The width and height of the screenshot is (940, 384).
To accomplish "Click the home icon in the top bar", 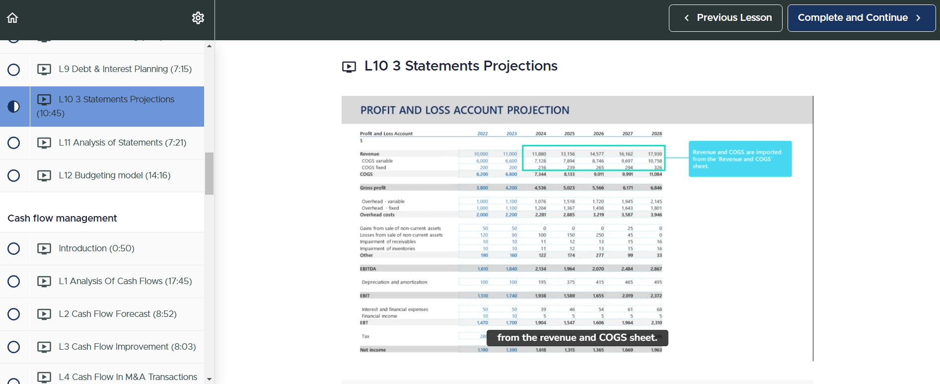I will (12, 18).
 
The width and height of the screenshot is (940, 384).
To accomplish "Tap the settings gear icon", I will (198, 18).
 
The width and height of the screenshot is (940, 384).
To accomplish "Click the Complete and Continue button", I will (861, 18).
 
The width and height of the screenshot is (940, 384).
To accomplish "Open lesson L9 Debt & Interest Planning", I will (125, 69).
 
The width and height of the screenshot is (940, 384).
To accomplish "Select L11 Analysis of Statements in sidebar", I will (122, 143).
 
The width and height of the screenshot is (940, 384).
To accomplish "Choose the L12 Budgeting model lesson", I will (114, 175).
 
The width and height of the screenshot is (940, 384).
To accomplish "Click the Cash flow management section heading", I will (62, 218).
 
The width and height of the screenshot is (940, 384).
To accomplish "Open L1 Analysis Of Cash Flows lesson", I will (125, 281).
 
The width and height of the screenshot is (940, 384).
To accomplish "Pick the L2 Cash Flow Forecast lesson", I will (117, 314).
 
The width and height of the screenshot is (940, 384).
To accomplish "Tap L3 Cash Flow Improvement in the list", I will (127, 347).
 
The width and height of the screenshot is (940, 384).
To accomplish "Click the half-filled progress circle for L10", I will (14, 106).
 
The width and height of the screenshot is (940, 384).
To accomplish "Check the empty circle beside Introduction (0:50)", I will (14, 248).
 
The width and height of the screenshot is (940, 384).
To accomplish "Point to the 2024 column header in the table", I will (540, 134).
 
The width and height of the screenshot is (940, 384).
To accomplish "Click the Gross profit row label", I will (373, 188).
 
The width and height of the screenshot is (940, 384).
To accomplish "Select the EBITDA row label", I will (368, 269).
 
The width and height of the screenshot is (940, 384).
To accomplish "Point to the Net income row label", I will (372, 350).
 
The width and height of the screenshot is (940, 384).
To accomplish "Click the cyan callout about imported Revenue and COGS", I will (739, 159).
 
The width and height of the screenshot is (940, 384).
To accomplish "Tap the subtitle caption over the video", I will (577, 338).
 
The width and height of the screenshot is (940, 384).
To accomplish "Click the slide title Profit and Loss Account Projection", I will (465, 110).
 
